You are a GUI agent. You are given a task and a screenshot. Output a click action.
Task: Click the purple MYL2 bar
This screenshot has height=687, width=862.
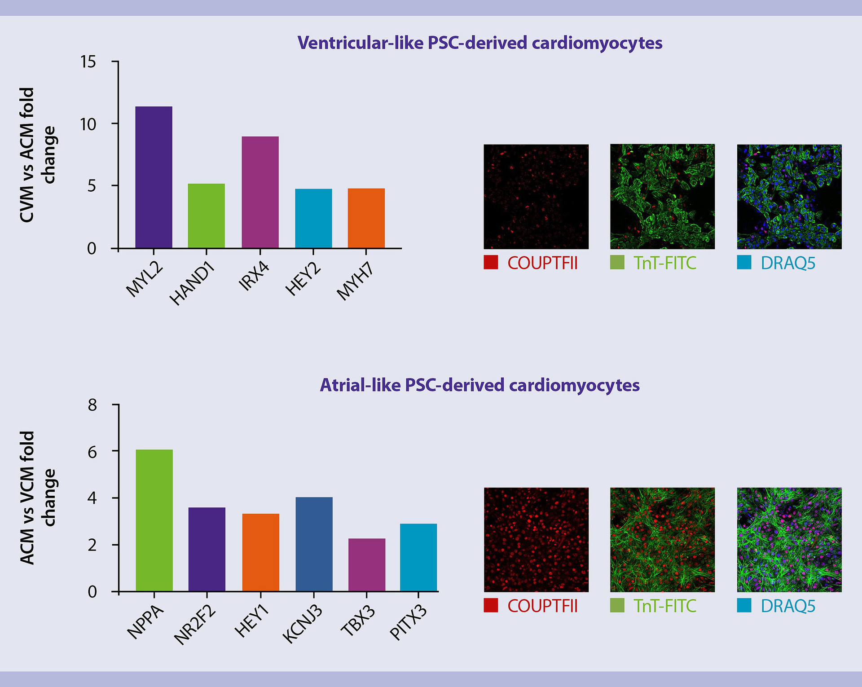pos(154,177)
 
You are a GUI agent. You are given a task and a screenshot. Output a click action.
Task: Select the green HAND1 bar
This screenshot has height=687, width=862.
pos(206,216)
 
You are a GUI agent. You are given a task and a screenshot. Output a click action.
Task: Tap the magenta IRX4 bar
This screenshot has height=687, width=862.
pos(260,192)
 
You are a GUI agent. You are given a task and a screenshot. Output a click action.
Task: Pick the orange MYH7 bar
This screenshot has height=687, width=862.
pos(366,218)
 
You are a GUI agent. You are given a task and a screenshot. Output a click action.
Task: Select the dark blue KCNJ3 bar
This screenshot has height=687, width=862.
pos(314,544)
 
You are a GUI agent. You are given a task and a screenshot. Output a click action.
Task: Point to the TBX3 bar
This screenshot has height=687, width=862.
pos(366,564)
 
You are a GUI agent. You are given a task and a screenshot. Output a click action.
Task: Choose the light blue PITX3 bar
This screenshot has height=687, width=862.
pos(418,557)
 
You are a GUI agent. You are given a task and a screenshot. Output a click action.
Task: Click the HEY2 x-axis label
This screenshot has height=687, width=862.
pos(303,280)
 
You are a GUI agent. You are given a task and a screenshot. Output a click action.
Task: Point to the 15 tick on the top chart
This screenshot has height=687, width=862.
pos(88,62)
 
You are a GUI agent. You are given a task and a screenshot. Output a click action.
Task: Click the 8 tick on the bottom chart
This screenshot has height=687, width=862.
pos(92,405)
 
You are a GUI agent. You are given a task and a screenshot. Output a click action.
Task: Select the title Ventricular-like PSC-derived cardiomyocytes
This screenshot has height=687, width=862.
pos(479,43)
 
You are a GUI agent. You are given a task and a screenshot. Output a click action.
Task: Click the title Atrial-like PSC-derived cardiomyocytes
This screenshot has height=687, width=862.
pos(479,385)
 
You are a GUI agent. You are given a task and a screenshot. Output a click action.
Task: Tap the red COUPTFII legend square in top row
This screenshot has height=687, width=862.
pos(491,262)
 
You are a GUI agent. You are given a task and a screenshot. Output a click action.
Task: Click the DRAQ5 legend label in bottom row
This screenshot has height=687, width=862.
pos(787,606)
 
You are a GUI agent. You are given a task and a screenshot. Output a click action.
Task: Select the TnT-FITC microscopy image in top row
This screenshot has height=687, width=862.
pos(662,197)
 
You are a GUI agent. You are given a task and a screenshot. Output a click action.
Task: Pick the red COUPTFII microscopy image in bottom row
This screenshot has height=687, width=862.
pos(536,540)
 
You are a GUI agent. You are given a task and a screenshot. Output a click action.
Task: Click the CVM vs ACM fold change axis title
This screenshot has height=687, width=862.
pos(38,155)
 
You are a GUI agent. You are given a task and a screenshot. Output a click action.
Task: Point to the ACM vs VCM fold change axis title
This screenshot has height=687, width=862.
pos(38,498)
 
